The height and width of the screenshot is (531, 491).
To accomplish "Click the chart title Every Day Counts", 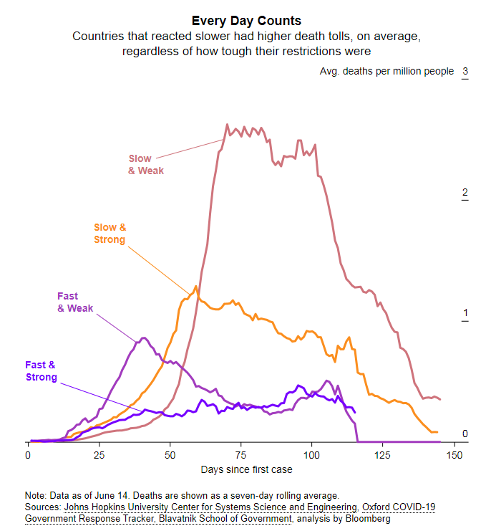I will (246, 21).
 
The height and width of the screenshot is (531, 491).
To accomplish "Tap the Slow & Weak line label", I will (146, 164).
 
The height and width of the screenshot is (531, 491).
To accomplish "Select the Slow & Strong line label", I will (110, 234).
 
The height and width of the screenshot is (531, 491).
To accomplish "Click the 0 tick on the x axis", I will (28, 456).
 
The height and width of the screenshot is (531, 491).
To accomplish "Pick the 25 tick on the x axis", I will (99, 456).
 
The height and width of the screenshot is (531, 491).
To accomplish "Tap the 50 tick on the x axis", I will (170, 456).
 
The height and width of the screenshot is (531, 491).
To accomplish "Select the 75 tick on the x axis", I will (240, 456).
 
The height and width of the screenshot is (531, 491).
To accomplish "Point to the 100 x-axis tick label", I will (311, 456).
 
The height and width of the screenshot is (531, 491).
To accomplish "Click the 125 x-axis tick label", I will (382, 456).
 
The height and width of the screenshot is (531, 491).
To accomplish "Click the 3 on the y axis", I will (465, 72).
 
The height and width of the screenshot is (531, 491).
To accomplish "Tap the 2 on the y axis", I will (465, 193).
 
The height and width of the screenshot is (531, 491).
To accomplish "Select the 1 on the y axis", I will (465, 313).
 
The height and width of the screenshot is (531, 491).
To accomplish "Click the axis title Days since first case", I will (246, 470).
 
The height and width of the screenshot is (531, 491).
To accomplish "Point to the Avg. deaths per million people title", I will (387, 72).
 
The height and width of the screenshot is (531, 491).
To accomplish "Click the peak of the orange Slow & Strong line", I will (194, 287).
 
